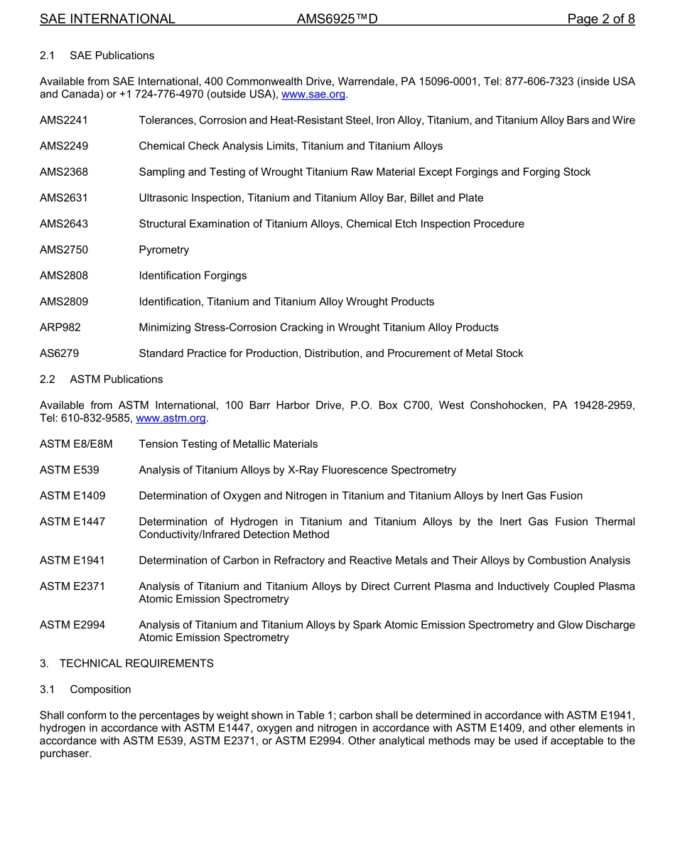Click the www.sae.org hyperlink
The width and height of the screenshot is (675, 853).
click(x=313, y=95)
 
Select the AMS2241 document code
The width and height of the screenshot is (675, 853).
click(x=64, y=120)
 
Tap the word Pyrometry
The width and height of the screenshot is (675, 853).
click(x=164, y=250)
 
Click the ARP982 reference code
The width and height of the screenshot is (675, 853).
click(x=60, y=328)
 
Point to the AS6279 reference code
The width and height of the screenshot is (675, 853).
click(x=60, y=353)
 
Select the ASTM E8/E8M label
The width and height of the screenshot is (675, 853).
click(x=76, y=444)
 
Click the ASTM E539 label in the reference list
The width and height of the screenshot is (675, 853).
click(x=70, y=470)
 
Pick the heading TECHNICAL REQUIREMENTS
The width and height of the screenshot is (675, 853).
click(x=136, y=664)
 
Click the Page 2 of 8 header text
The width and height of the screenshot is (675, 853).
click(x=601, y=19)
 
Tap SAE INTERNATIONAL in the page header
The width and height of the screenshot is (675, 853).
click(x=107, y=19)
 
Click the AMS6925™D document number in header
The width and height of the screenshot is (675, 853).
click(x=337, y=19)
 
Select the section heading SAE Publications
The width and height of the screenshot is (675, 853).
click(x=112, y=55)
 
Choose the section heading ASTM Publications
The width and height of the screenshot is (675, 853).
click(x=116, y=380)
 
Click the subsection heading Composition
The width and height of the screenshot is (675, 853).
click(x=100, y=690)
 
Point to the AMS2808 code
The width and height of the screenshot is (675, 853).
click(x=64, y=276)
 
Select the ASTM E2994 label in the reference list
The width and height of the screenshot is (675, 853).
click(x=72, y=625)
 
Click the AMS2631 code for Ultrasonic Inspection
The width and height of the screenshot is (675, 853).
click(x=64, y=198)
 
